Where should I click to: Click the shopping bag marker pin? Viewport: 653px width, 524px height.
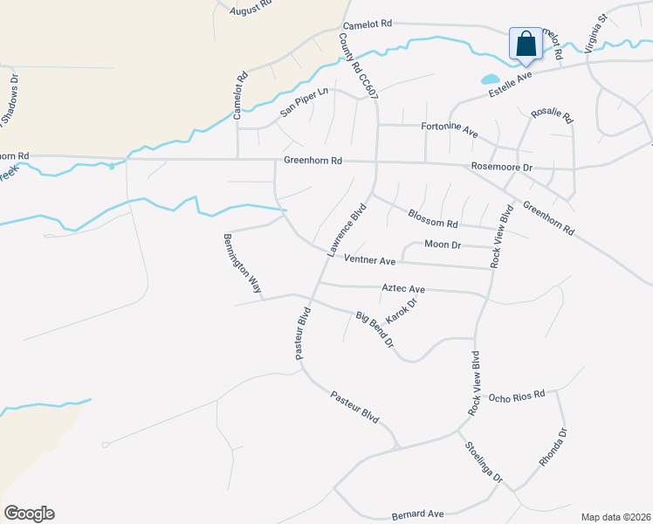pos(526,45)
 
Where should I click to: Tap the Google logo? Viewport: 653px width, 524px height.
pos(29,514)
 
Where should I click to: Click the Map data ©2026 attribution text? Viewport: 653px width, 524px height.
pos(615,517)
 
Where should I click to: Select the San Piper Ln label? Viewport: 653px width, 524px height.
pos(304,102)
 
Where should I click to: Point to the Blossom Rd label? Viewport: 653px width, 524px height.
pos(433,217)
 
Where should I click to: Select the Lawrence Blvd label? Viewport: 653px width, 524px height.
pos(346,230)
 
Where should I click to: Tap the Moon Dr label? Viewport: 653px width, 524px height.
pos(442,245)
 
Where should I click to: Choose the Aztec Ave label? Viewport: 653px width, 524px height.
pos(403,288)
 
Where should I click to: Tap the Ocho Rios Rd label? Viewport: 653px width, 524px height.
pos(517,396)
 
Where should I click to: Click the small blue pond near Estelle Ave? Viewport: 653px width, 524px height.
pos(491,79)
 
